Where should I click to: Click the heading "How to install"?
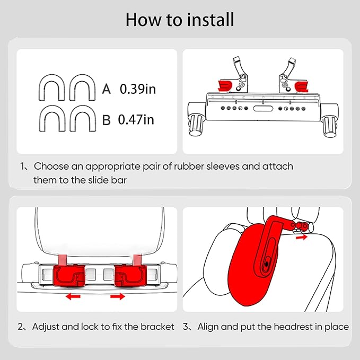180,20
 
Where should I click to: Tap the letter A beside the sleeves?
106,89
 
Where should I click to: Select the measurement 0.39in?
138,89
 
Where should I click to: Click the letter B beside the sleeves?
106,120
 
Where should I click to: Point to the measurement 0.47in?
136,120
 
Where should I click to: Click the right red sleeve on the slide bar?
302,85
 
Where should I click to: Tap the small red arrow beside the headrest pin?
301,239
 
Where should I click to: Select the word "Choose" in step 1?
50,166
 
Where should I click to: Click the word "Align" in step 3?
208,327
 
